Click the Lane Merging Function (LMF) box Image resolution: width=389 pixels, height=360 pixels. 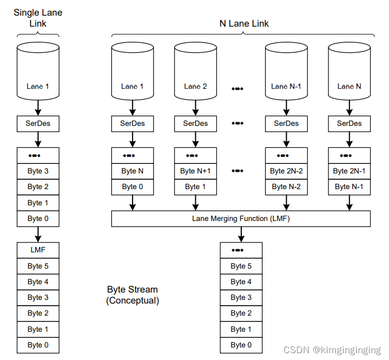pos(241,218)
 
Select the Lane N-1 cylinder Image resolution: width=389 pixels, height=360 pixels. pos(286,76)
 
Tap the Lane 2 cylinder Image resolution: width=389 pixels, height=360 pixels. pos(195,76)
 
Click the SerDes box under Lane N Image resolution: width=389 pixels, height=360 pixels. pos(349,123)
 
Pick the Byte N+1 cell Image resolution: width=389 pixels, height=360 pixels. pos(195,171)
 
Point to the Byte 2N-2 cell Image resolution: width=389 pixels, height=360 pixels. pos(286,171)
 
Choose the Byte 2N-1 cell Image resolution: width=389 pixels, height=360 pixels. pos(349,171)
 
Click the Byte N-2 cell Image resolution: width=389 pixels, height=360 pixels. pos(286,187)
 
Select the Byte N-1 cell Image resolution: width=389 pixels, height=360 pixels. pos(349,187)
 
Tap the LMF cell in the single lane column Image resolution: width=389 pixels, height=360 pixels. pos(38,250)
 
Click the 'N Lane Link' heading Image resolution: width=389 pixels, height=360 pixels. pos(244,24)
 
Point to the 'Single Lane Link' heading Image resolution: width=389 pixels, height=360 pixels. pos(38,18)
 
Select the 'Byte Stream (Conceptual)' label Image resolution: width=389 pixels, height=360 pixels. pos(133,295)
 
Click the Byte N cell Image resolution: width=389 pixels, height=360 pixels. pos(133,171)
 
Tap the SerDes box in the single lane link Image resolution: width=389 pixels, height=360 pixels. pos(38,123)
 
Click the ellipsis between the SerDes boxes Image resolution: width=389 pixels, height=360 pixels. pos(238,123)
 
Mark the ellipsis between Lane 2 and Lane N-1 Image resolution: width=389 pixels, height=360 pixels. pos(238,88)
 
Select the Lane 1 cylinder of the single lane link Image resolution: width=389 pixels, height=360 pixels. pos(38,76)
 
